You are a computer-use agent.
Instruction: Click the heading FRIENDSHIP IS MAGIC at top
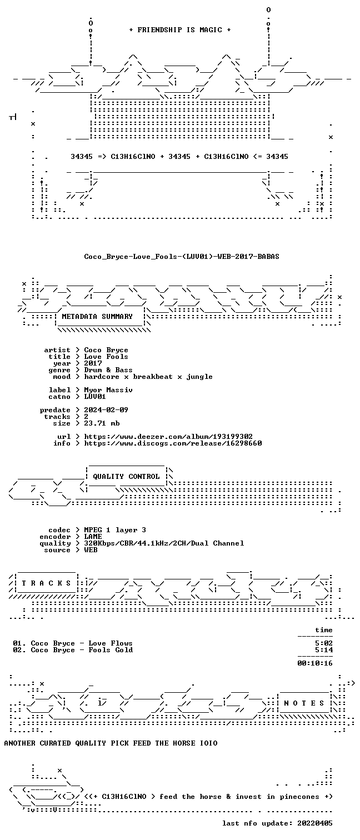(x=179, y=30)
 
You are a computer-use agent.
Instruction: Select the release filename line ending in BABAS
(x=182, y=257)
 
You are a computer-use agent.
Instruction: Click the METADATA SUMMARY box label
(x=97, y=317)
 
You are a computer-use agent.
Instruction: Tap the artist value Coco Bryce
(x=106, y=350)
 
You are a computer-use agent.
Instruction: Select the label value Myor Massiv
(x=108, y=390)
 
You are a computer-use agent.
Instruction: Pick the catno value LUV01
(x=95, y=396)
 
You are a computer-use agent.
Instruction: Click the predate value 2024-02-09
(x=106, y=410)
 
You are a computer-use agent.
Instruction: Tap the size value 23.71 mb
(x=102, y=423)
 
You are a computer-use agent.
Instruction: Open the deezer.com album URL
(x=168, y=437)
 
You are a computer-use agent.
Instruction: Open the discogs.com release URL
(x=173, y=443)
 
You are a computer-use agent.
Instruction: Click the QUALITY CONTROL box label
(x=126, y=477)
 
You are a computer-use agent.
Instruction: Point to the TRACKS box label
(x=46, y=583)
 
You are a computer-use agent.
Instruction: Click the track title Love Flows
(x=110, y=643)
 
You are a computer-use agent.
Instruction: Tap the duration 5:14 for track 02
(x=324, y=650)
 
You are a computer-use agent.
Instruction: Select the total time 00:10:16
(x=315, y=663)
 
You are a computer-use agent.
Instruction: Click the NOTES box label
(x=304, y=703)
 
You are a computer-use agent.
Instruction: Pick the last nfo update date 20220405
(x=315, y=823)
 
